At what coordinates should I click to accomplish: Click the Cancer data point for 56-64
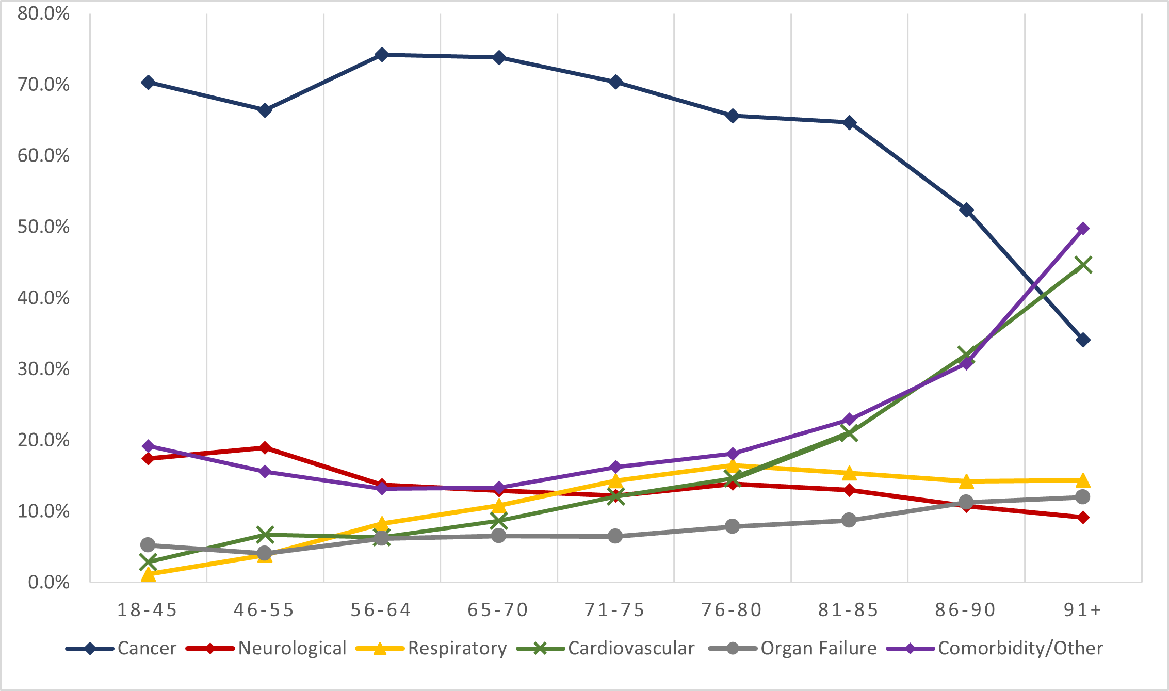382,55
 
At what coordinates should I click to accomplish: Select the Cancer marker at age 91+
1083,340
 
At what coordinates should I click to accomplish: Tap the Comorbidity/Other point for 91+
1083,229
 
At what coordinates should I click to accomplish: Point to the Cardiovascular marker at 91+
1083,265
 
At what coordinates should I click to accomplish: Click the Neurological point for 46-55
265,447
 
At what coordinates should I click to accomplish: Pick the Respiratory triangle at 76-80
732,466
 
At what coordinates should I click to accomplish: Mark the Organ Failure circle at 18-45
148,544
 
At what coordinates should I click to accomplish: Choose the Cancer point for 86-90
966,210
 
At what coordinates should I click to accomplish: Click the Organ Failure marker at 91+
1083,497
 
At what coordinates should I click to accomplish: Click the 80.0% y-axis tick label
43,13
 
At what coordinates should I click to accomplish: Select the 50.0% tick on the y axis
43,227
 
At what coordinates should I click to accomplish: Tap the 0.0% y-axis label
48,582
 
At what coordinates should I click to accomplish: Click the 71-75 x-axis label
615,610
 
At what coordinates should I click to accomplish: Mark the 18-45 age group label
148,610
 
